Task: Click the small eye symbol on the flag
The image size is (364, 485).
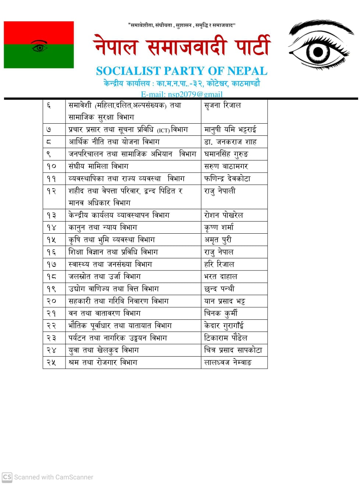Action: click(x=39, y=46)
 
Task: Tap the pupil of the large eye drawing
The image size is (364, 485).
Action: click(x=318, y=52)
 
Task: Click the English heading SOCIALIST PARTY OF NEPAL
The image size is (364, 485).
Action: click(x=181, y=71)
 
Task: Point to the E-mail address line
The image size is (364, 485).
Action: click(x=181, y=94)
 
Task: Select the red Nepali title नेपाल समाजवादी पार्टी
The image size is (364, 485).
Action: click(x=182, y=46)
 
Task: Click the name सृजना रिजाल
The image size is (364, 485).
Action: click(x=222, y=105)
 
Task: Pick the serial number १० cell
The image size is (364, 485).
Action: click(x=52, y=166)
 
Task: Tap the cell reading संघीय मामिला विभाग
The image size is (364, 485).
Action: click(x=99, y=166)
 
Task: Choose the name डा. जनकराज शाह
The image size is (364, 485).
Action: click(x=230, y=142)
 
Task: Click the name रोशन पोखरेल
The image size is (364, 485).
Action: click(x=223, y=215)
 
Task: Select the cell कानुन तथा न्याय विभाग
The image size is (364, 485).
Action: click(x=103, y=227)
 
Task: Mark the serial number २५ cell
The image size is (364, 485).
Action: click(x=52, y=362)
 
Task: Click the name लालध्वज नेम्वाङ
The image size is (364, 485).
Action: click(x=228, y=362)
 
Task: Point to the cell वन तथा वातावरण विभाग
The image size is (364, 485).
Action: click(x=105, y=313)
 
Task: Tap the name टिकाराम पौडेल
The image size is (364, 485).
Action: click(x=226, y=338)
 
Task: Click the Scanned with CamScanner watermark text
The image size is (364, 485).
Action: click(x=53, y=477)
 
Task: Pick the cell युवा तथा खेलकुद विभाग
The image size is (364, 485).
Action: click(x=104, y=350)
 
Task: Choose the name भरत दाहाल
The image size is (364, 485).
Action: click(x=220, y=276)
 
